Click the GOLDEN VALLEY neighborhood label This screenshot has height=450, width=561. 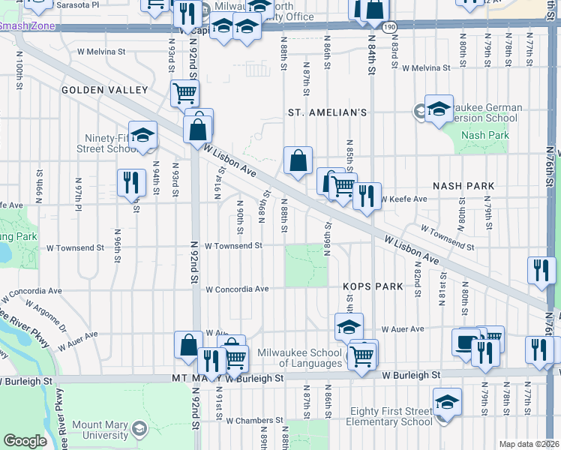click(x=105, y=90)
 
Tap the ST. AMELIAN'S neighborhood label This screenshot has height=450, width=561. click(x=328, y=112)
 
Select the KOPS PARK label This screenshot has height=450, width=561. click(x=363, y=286)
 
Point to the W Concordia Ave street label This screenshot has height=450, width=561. click(x=237, y=289)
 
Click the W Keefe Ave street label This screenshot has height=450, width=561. click(x=403, y=199)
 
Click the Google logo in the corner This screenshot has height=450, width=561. click(x=25, y=441)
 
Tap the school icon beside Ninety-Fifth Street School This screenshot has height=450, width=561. click(x=142, y=135)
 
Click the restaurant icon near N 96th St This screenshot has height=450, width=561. click(x=131, y=181)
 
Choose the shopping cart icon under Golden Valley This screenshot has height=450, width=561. click(x=184, y=93)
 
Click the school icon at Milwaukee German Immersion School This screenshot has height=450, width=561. click(x=439, y=107)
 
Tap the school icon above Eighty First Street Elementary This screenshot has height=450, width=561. click(x=448, y=400)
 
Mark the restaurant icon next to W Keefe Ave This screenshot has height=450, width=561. click(x=367, y=196)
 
